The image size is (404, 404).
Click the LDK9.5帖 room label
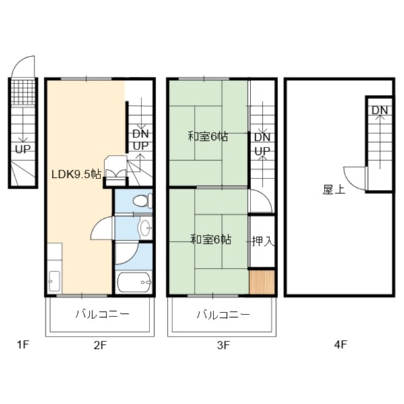[76, 174]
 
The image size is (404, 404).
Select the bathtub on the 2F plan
[133, 282]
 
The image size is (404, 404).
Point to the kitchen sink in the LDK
[55, 281]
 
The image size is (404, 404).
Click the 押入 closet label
[263, 242]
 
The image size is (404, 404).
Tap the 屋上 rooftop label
[334, 190]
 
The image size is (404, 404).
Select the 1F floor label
[24, 345]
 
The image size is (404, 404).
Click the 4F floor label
[340, 345]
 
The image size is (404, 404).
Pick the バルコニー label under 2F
[102, 314]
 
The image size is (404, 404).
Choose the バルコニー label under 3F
[224, 314]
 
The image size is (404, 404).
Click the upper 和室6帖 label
[207, 137]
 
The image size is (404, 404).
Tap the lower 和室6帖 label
[211, 240]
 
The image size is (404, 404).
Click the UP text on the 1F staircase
[23, 149]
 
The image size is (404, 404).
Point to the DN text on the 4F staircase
[380, 110]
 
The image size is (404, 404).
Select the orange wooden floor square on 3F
[262, 282]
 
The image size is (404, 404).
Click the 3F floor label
[223, 345]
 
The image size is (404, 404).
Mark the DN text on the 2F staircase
[141, 134]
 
